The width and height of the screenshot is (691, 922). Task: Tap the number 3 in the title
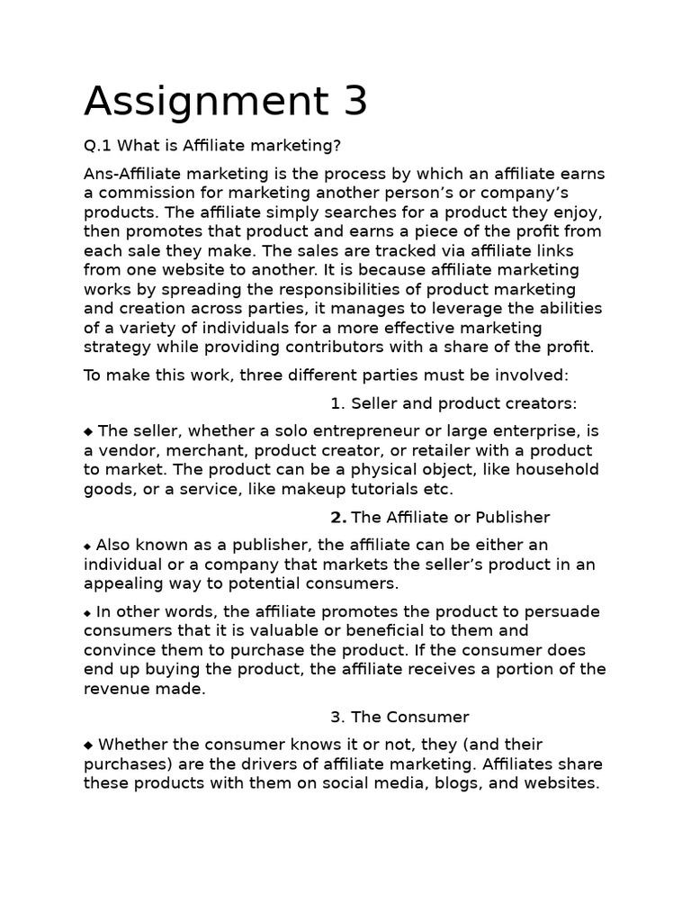[355, 101]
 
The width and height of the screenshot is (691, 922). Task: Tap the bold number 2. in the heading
[338, 517]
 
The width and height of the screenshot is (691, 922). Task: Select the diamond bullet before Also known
[88, 546]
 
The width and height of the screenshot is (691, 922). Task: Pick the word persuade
[565, 611]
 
